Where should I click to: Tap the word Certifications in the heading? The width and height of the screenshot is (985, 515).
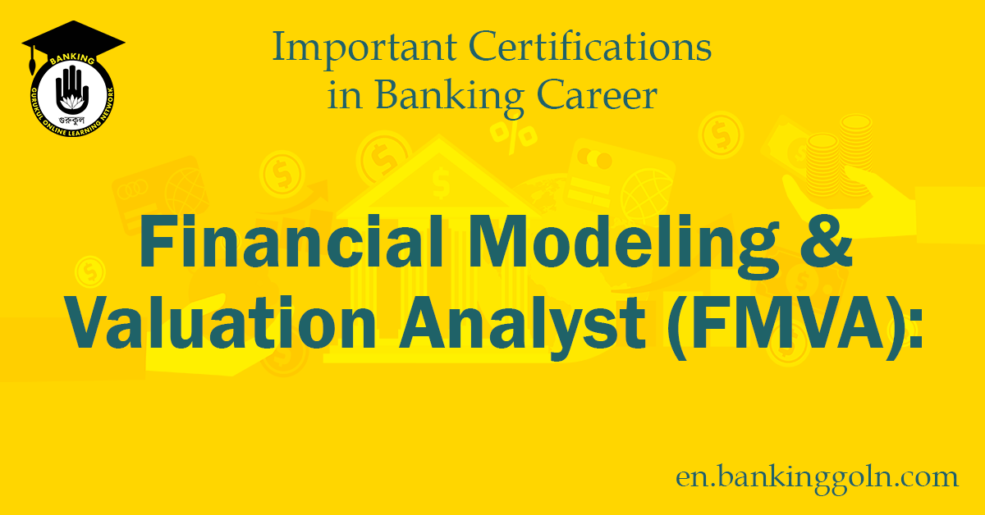point(597,49)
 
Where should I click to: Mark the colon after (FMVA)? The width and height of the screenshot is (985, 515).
point(914,330)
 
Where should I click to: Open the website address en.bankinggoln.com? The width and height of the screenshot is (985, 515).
point(817,477)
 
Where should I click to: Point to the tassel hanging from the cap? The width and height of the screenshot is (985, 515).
point(31,62)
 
